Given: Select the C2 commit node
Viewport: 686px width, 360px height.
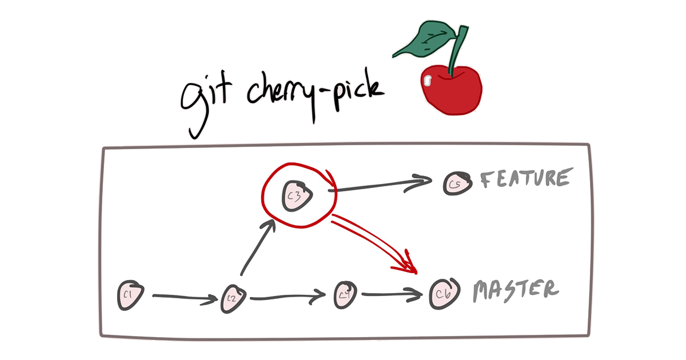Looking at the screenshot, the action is [233, 298].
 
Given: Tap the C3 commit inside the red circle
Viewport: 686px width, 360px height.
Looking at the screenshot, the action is [298, 194].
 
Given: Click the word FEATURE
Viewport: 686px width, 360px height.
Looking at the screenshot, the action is [525, 179].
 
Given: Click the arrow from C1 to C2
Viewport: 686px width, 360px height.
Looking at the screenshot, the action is [180, 297].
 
